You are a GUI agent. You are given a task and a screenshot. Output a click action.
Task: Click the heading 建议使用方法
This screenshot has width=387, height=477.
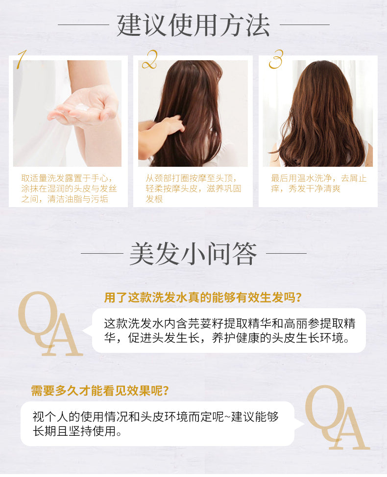pos(193,25)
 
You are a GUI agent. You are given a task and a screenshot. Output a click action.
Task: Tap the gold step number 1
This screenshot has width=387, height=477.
pos(21,59)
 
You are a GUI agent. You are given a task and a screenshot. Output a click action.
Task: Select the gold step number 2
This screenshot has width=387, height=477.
pos(149,59)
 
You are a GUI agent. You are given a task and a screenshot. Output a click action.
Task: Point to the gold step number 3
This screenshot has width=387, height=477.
pos(276,59)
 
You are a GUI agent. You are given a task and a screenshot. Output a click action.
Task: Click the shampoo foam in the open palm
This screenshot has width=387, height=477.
pos(82,107)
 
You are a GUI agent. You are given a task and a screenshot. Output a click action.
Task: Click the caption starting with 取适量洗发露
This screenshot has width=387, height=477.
pos(69,188)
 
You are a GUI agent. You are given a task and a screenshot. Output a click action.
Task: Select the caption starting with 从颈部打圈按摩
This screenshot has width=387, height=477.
pos(193,188)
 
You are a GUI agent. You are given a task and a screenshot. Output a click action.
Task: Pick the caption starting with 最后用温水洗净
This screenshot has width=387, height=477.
pos(318,184)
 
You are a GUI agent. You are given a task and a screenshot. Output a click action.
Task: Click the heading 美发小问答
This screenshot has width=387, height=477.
pos(193,254)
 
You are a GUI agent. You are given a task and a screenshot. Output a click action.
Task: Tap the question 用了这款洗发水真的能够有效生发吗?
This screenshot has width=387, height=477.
pos(203,297)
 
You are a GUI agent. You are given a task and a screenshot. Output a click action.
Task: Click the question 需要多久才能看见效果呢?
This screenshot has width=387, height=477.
pos(100,391)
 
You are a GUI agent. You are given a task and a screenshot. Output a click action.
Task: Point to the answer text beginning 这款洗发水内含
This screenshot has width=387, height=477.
pos(230,331)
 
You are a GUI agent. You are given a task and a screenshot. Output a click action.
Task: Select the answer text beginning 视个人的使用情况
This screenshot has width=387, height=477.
pos(155,424)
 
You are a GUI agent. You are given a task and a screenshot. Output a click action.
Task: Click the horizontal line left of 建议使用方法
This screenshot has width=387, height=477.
pos(83,25)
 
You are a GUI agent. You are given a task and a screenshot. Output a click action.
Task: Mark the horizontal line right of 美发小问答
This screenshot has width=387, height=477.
pos(286,253)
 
